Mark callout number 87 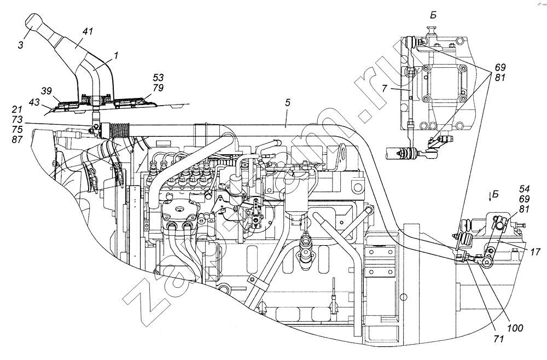(18, 140)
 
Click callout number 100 (516, 328)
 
